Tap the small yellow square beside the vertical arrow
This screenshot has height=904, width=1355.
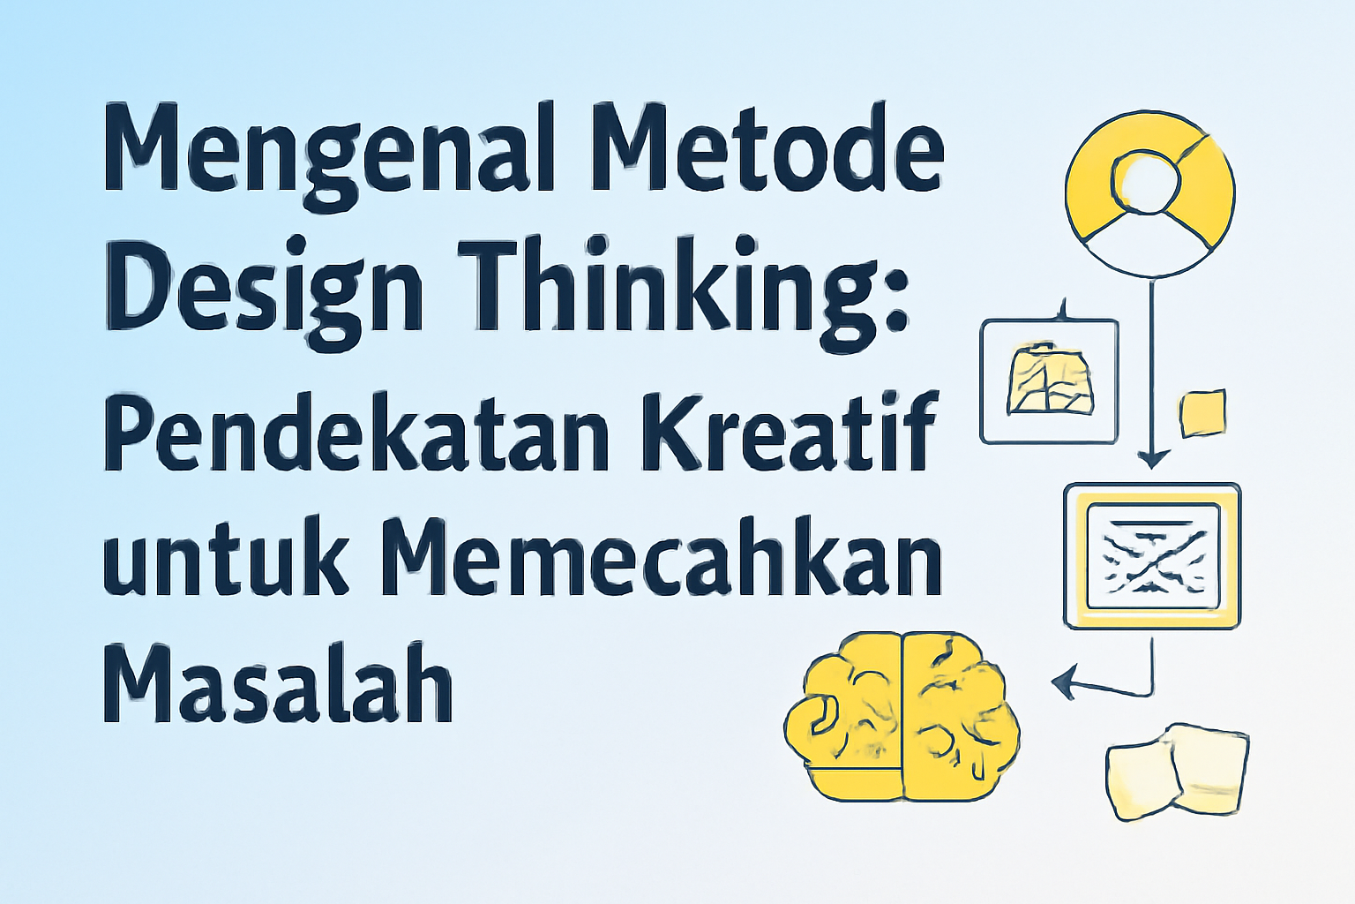point(1202,412)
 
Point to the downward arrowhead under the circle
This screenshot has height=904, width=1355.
point(1151,459)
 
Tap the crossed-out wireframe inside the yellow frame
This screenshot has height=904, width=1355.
point(1151,556)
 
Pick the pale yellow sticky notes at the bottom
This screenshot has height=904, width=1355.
point(1178,768)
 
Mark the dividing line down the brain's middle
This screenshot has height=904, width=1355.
point(902,715)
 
